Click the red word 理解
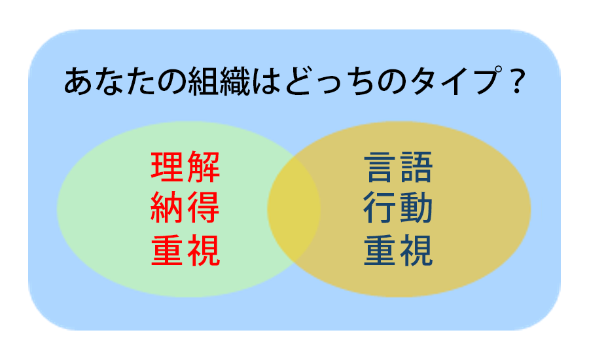(x=185, y=167)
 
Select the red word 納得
(x=185, y=207)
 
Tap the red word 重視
(x=185, y=250)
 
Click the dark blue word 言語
(x=398, y=167)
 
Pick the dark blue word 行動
(x=398, y=207)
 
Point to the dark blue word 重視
(x=398, y=250)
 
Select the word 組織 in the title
(x=219, y=81)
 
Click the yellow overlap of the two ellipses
(x=294, y=209)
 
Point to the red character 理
(x=167, y=167)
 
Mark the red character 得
(x=204, y=207)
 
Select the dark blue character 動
(x=416, y=207)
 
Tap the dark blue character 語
(x=416, y=167)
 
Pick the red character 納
(x=167, y=207)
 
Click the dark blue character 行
(x=380, y=207)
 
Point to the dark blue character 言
(x=380, y=167)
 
